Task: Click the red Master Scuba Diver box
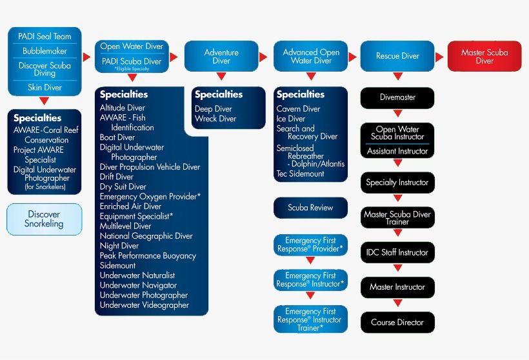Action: [484, 56]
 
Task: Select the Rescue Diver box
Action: [397, 56]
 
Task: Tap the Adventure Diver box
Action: [221, 56]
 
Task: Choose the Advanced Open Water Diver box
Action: [311, 56]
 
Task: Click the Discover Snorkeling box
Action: [44, 219]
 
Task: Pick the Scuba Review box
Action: [311, 208]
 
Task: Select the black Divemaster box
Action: [397, 97]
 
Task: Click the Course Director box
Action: [397, 322]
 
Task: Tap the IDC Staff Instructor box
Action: [397, 252]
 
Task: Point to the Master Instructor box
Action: [397, 286]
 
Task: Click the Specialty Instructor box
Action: [397, 183]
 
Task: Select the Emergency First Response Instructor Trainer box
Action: [310, 319]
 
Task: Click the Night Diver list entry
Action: [119, 246]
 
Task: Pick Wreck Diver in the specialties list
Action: [215, 119]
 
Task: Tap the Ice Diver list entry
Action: [291, 119]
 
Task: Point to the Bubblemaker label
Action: [45, 51]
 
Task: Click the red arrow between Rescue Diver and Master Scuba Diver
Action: [439, 57]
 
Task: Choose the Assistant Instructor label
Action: [397, 152]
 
